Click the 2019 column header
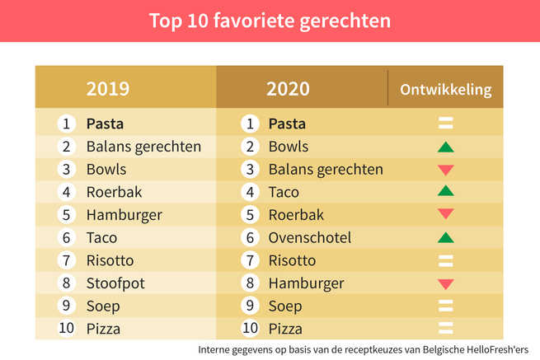click(108, 88)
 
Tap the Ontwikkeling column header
click(445, 89)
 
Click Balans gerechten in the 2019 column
click(143, 147)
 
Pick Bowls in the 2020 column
click(289, 147)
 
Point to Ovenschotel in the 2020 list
click(310, 237)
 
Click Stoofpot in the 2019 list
click(115, 283)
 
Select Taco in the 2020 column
click(284, 192)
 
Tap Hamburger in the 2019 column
click(124, 215)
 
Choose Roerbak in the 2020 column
click(296, 215)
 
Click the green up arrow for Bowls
click(446, 147)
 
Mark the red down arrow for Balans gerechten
click(446, 170)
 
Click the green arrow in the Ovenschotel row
click(446, 238)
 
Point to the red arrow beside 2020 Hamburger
click(446, 284)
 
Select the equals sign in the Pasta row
click(446, 124)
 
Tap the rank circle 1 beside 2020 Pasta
click(248, 124)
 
